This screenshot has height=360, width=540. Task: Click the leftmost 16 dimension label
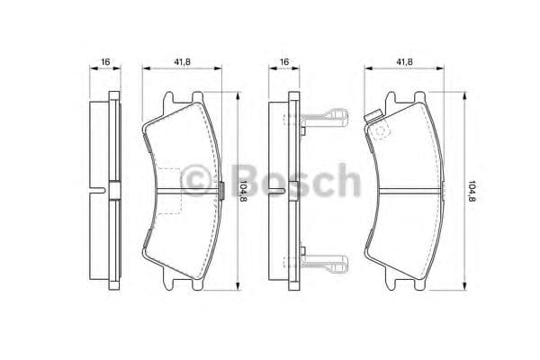(105, 61)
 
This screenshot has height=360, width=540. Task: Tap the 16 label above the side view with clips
(284, 61)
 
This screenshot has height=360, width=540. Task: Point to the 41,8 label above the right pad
(404, 61)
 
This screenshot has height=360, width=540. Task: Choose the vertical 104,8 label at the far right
(471, 192)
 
